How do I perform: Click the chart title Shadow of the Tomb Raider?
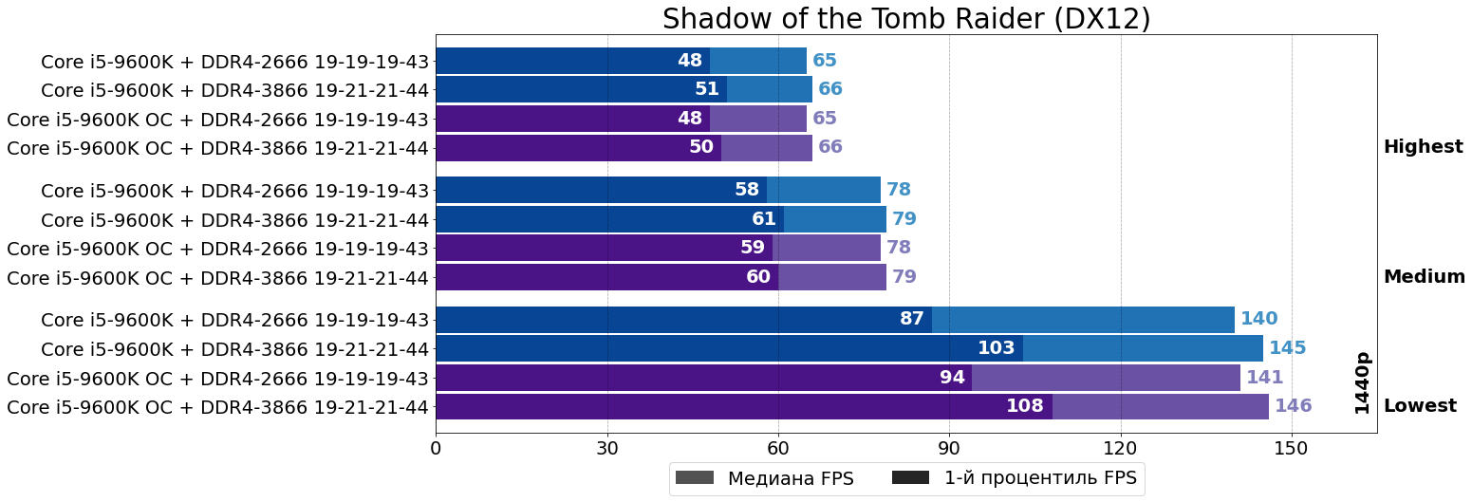click(906, 19)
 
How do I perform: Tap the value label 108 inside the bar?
click(1025, 406)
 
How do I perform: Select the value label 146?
click(1293, 406)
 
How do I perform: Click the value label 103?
click(996, 348)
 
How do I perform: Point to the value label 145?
click(1287, 348)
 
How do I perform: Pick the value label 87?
click(911, 319)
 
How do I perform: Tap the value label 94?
click(952, 378)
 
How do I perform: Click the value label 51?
click(706, 89)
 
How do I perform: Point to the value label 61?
click(763, 219)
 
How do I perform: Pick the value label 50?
click(700, 147)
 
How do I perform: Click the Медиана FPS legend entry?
click(764, 478)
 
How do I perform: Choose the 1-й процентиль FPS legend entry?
click(1015, 478)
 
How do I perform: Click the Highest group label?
click(1423, 147)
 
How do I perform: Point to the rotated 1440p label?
click(1362, 382)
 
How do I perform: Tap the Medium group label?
click(1424, 277)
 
